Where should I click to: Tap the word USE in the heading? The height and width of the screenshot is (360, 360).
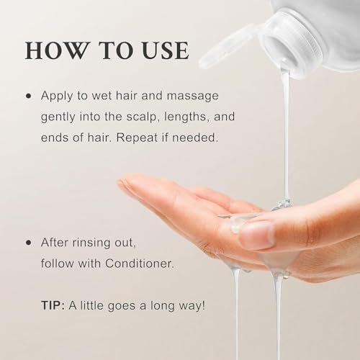[161, 50]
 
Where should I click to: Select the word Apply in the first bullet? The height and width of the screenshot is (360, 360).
[58, 95]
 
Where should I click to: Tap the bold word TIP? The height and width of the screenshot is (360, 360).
[52, 306]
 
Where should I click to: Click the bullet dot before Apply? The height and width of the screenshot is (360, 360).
[28, 95]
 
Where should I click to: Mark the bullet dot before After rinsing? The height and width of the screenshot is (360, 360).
[28, 242]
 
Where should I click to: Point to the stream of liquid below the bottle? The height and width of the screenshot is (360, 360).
[286, 130]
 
